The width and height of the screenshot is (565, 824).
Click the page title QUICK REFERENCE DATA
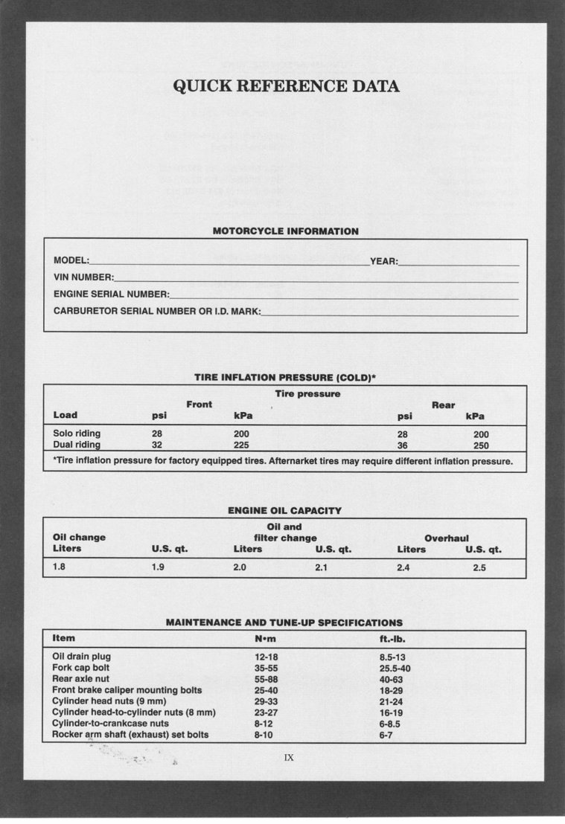(286, 86)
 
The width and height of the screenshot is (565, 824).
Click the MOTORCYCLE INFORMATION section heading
(285, 231)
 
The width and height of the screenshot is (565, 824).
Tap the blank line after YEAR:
(459, 261)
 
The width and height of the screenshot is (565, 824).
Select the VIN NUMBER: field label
(83, 277)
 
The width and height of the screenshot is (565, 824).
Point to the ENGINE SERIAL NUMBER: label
(111, 294)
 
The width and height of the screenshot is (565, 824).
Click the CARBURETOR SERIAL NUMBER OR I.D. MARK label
(156, 311)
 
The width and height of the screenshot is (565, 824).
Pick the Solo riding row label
(77, 433)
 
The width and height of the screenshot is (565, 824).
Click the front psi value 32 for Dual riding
(157, 445)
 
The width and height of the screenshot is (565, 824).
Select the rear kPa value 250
(482, 445)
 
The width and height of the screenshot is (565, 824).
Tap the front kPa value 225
(241, 445)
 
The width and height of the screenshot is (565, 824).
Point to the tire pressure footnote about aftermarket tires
(283, 461)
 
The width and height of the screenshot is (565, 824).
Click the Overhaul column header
(447, 538)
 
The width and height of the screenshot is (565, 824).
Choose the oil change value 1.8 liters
(60, 567)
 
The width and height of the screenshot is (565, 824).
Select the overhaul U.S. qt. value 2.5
(479, 567)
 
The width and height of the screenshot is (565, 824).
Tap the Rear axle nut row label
(80, 679)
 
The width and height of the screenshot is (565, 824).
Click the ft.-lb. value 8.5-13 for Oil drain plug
(392, 657)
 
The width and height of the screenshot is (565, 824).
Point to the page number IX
(289, 758)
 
